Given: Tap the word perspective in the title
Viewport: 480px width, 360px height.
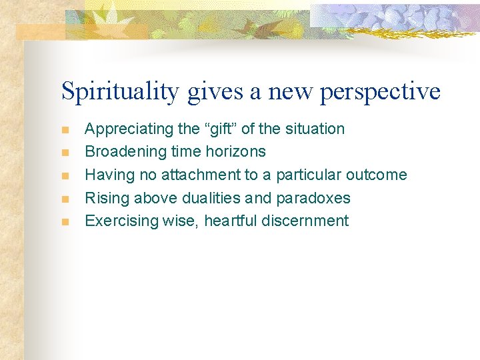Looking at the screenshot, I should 380,91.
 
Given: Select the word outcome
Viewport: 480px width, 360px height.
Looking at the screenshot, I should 376,175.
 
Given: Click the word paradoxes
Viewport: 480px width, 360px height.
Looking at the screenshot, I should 317,198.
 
